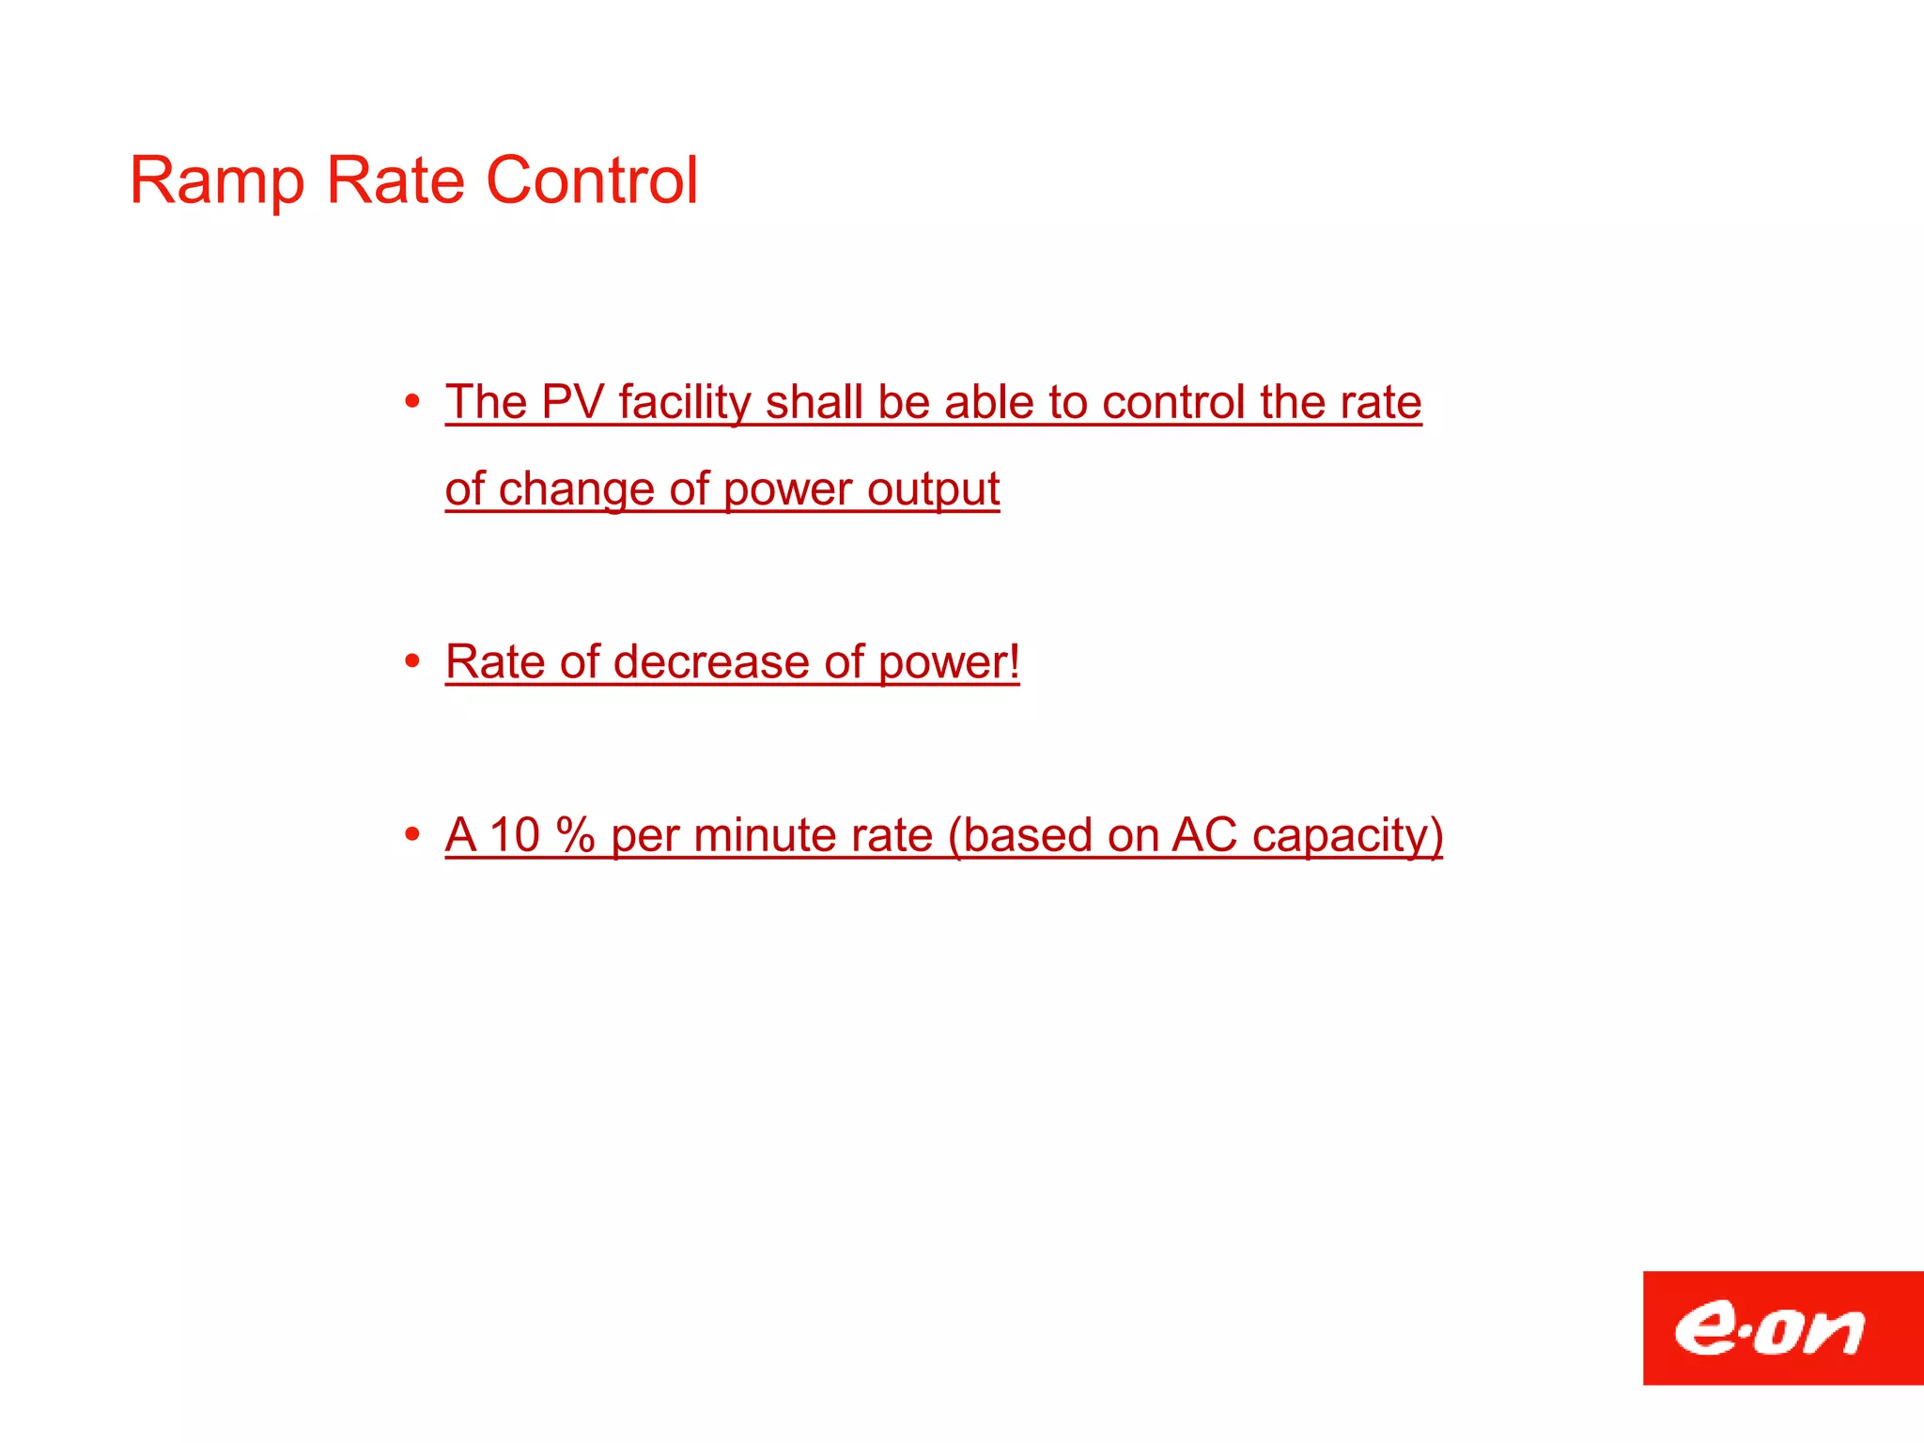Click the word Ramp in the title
tap(217, 181)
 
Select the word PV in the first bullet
tap(572, 402)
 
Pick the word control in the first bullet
tap(1173, 402)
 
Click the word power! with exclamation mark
tap(949, 663)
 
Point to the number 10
tap(515, 835)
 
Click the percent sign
tap(575, 835)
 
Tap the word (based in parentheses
tap(1019, 835)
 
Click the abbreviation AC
tap(1203, 835)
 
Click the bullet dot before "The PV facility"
tap(411, 402)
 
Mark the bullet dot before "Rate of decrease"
tap(411, 661)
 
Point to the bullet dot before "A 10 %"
tap(411, 834)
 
